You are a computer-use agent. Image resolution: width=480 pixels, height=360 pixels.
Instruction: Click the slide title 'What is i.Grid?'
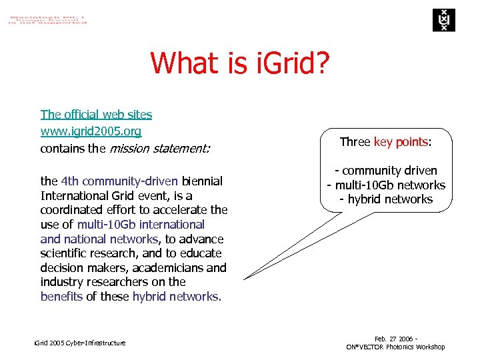click(239, 63)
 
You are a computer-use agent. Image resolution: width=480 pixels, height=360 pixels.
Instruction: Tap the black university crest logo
click(442, 20)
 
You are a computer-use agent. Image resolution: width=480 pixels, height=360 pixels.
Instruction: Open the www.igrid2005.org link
click(91, 131)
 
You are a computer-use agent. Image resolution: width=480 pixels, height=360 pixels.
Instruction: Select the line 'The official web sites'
click(96, 115)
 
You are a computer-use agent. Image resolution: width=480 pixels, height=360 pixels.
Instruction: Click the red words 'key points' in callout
click(401, 142)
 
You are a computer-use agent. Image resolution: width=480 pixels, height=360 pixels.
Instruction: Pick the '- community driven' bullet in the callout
click(386, 171)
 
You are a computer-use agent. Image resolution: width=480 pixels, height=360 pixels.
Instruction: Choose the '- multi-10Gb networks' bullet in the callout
click(386, 185)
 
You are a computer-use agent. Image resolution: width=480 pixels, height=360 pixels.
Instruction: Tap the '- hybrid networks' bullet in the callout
click(386, 199)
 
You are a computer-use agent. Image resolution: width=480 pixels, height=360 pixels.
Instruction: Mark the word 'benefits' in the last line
click(61, 297)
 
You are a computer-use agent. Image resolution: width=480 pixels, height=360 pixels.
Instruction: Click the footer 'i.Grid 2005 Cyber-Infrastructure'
click(79, 343)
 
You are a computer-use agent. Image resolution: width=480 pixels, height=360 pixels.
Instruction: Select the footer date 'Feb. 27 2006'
click(393, 339)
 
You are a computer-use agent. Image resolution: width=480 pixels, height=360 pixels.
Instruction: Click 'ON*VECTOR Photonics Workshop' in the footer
click(395, 347)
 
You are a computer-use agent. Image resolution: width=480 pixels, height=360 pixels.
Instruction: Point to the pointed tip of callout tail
click(244, 279)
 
